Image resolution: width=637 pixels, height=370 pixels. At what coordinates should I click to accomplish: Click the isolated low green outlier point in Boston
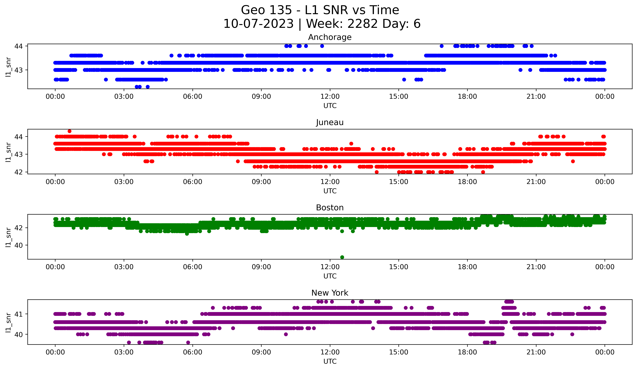click(342, 257)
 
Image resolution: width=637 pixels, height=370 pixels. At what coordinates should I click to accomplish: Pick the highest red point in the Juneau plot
click(69, 131)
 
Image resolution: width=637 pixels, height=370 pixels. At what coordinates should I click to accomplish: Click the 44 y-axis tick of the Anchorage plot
click(18, 46)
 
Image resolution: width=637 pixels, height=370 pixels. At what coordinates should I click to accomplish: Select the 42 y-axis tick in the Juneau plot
click(18, 172)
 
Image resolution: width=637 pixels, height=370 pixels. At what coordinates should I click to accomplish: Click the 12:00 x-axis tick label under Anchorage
click(330, 96)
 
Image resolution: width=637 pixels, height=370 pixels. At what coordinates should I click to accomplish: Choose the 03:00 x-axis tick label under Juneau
click(124, 182)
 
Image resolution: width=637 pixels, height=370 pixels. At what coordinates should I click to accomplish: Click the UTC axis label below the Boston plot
click(330, 276)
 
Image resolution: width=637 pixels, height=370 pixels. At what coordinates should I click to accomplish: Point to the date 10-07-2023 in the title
click(258, 24)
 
